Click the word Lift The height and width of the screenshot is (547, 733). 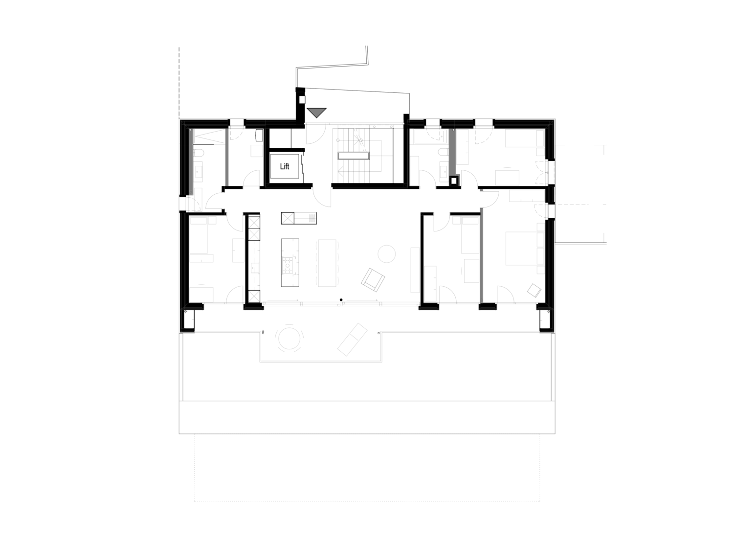coord(285,166)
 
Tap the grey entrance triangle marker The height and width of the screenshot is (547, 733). coord(316,112)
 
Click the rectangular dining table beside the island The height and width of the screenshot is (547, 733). coord(327,263)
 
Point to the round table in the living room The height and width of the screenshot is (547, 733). coord(386,254)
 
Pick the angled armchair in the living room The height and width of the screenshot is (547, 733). coord(373,279)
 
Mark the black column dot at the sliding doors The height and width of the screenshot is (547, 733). coord(341,300)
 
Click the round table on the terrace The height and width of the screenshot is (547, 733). coord(289,338)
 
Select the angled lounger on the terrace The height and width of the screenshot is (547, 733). coord(352,339)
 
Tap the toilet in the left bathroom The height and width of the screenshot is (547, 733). coord(199,154)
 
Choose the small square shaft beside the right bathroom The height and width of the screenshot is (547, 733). coord(454,181)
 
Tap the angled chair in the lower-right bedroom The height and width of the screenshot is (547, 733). coord(534,290)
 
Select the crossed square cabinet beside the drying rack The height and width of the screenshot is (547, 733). coord(288,218)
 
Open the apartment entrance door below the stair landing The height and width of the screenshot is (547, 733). coord(322,197)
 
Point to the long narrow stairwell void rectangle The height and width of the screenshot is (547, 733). coord(354,156)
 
